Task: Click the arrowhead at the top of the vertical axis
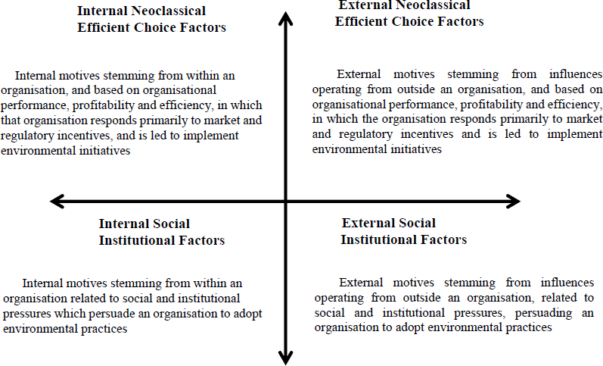(285, 17)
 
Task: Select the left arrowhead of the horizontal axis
(57, 201)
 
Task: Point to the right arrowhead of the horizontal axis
(514, 201)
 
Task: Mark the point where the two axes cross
(285, 201)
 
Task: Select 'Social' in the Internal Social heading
(172, 224)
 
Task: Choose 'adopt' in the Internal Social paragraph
(248, 314)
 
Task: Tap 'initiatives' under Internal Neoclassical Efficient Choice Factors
(104, 151)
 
